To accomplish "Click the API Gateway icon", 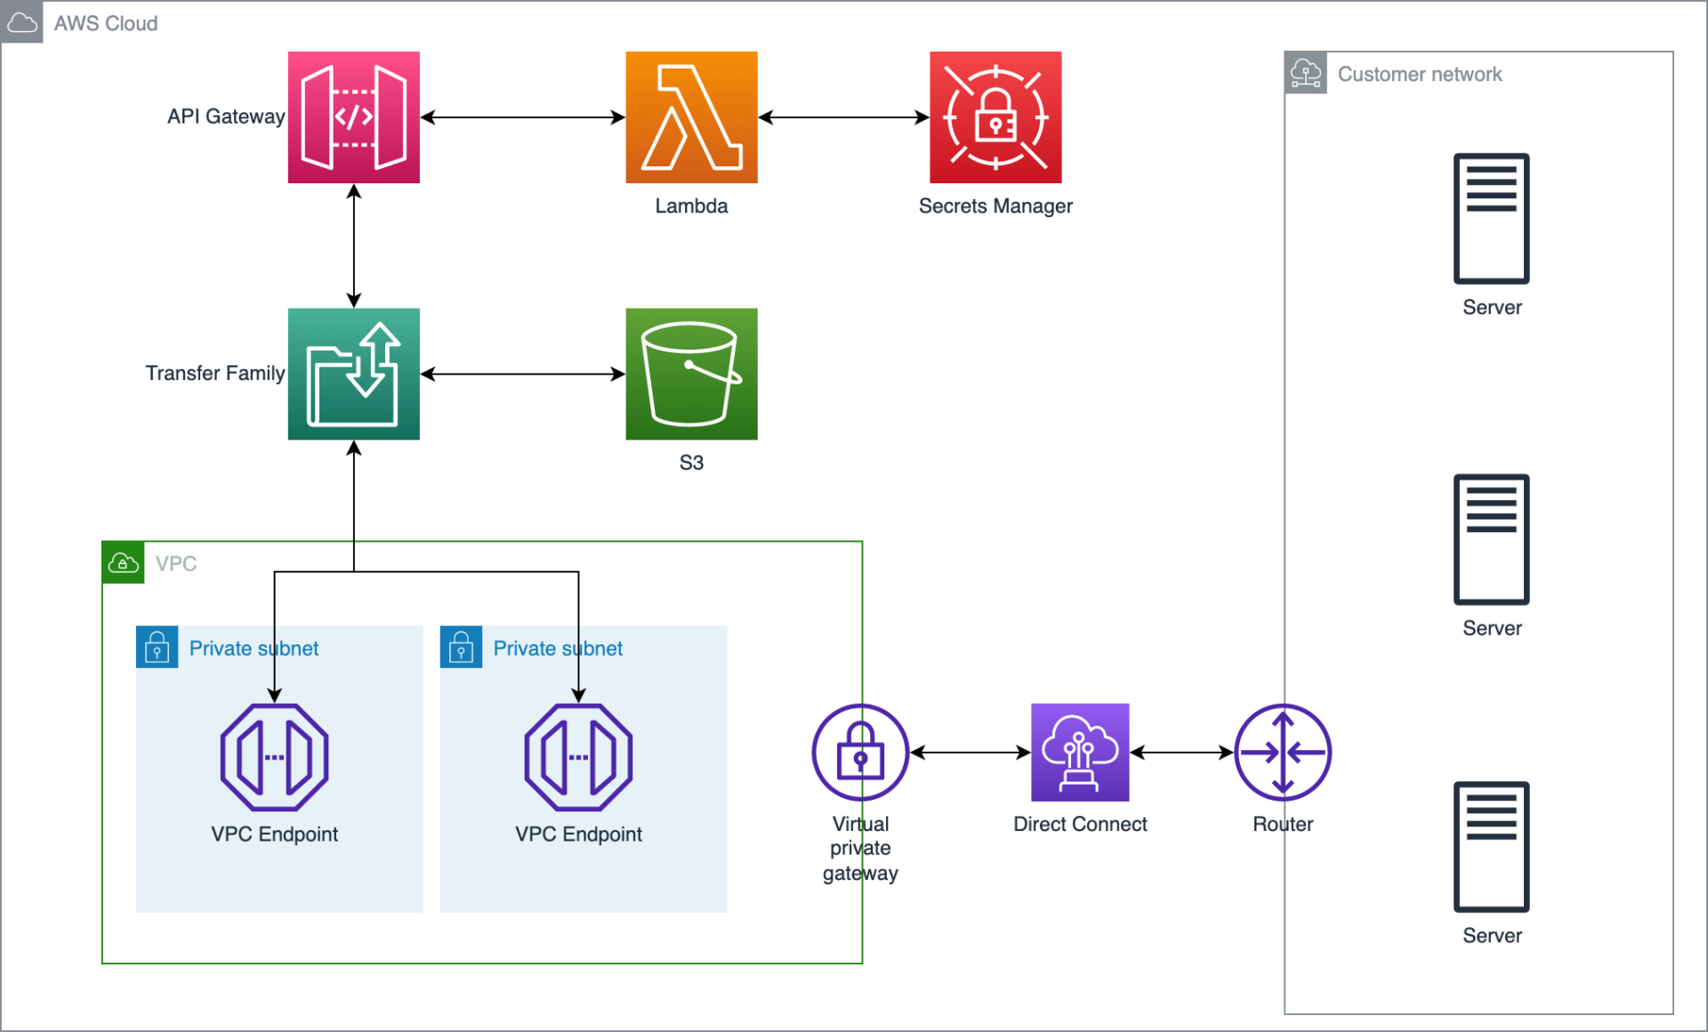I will point(353,117).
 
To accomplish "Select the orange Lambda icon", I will point(691,117).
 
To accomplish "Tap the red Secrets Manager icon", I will point(995,117).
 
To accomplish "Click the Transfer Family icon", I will point(353,374).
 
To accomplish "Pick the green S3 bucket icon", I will point(691,374).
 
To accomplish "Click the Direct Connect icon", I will point(1080,752).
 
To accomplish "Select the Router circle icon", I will point(1283,752).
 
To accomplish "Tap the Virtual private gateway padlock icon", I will point(860,752).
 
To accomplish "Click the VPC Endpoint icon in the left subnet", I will point(274,757).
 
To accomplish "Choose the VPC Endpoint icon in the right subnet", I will point(578,757).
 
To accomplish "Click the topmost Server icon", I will point(1492,219).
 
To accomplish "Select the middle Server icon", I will point(1492,539).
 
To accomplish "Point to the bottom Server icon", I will point(1492,847).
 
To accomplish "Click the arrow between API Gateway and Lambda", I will point(522,117).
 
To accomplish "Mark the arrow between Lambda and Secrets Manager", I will point(843,117).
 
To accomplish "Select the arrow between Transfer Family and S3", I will point(522,374).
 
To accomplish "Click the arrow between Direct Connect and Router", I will point(1181,752).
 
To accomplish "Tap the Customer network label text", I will point(1420,74).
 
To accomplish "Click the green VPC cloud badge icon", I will point(123,563).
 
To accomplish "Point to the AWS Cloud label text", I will point(106,23).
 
